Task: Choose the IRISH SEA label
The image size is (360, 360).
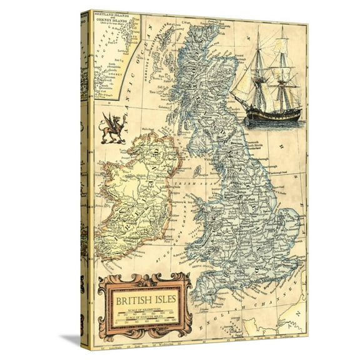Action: [187, 184]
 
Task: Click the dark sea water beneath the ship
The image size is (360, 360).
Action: [266, 122]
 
